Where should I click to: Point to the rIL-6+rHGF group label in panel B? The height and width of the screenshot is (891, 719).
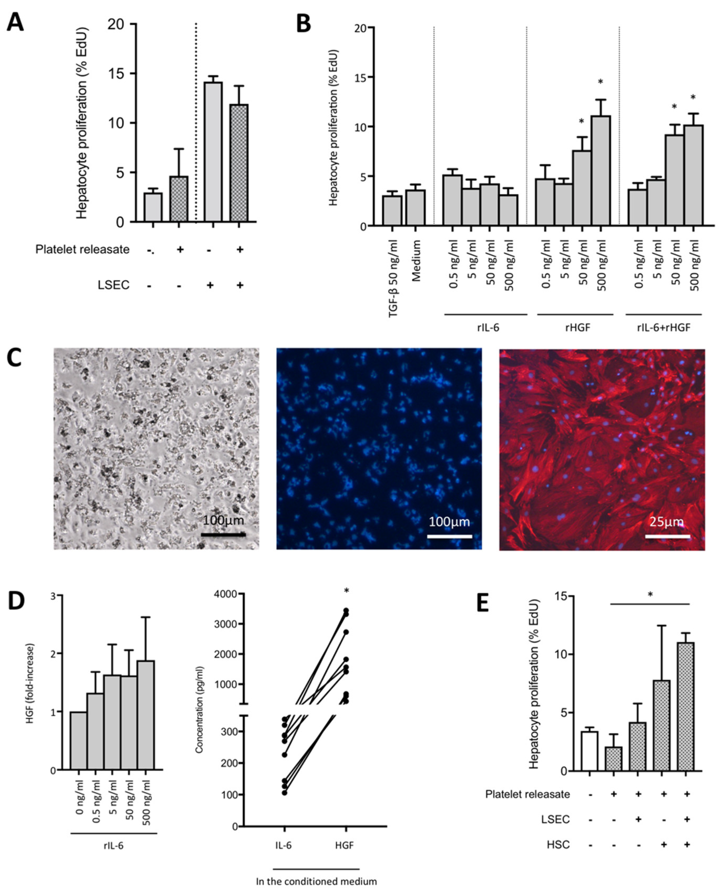click(x=664, y=328)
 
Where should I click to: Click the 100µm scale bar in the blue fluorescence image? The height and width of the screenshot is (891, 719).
click(x=449, y=536)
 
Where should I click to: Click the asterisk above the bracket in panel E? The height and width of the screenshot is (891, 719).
click(x=650, y=595)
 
